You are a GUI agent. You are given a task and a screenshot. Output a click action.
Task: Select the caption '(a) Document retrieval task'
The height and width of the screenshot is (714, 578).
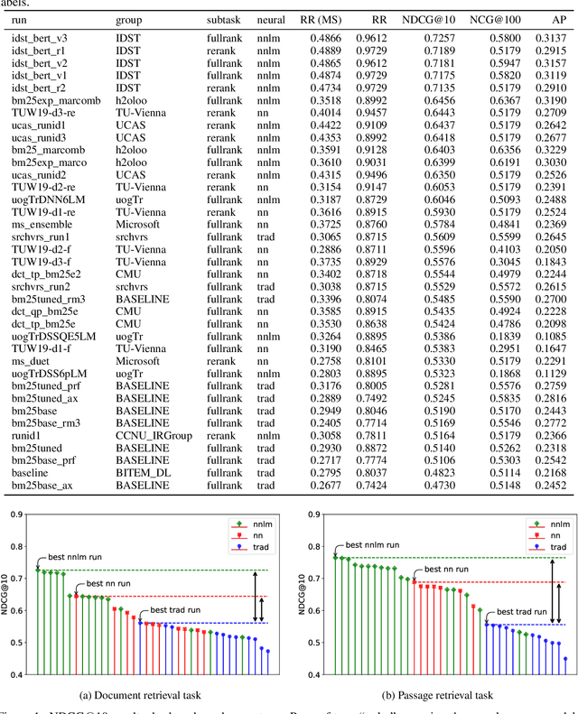point(149,693)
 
